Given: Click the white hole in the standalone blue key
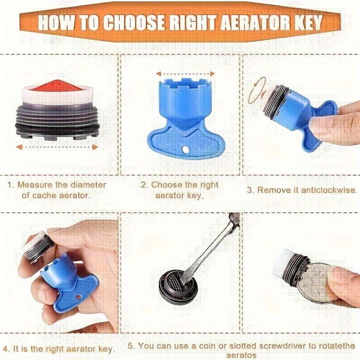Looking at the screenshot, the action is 184,150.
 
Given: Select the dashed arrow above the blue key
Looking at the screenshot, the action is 185,74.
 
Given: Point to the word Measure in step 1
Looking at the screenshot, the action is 35,185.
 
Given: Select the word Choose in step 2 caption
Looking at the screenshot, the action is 165,185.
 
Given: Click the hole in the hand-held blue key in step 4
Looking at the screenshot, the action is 79,297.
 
